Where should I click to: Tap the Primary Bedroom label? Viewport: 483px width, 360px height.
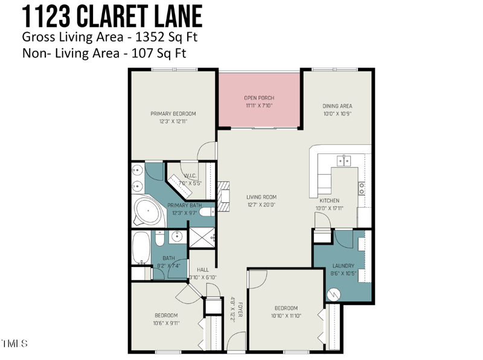point(173,114)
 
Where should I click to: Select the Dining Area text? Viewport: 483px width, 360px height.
point(337,106)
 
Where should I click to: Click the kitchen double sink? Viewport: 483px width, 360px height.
point(344,161)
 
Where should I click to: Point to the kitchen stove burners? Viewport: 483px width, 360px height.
point(362,188)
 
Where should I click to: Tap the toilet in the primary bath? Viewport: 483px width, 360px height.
point(206,212)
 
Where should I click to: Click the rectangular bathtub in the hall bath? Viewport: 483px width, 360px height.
point(141,248)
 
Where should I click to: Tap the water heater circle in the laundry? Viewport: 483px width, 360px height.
point(333,294)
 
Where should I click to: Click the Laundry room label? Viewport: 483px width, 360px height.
point(343,266)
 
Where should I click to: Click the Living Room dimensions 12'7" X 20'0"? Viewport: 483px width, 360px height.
point(261,204)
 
